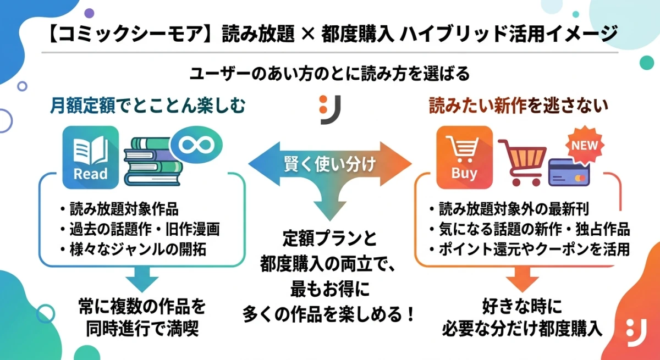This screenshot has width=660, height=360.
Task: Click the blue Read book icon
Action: (91, 157)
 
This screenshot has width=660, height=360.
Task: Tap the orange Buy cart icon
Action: (464, 157)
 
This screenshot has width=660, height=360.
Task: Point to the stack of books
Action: (151, 162)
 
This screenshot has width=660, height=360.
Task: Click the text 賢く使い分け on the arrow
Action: (329, 163)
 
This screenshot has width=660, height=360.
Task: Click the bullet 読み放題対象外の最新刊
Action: (509, 209)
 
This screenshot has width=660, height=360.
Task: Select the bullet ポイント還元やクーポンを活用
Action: (529, 249)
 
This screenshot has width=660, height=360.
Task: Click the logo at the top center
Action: (331, 109)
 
